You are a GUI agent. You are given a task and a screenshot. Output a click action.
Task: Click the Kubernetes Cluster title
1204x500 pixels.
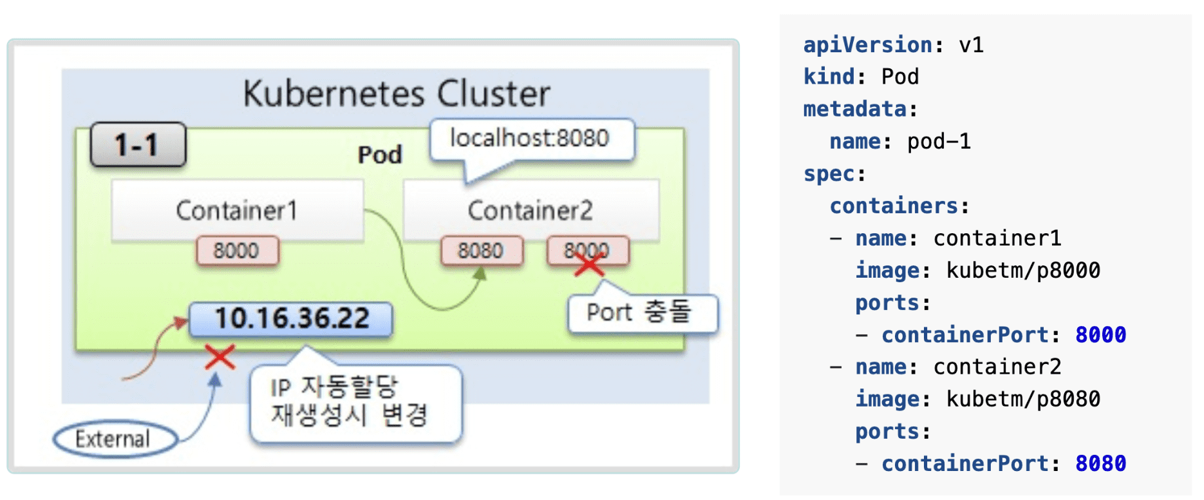click(397, 93)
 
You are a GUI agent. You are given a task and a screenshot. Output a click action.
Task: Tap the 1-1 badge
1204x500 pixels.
click(137, 144)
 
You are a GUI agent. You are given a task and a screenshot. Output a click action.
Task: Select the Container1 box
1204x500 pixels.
click(237, 211)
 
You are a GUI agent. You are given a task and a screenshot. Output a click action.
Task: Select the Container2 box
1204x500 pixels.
click(530, 211)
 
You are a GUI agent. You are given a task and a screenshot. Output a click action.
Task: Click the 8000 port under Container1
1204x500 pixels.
click(237, 251)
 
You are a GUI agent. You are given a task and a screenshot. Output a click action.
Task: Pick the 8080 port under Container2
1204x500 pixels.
click(481, 251)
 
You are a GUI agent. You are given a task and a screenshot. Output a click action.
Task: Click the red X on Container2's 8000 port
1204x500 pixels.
click(588, 263)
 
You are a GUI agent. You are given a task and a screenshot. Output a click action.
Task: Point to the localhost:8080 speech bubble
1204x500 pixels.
click(530, 139)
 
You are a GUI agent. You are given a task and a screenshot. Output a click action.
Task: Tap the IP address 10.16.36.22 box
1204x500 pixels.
click(291, 319)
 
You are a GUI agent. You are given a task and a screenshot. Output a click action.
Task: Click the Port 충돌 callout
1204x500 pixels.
click(640, 313)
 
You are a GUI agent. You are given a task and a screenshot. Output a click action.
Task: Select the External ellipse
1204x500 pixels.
click(114, 439)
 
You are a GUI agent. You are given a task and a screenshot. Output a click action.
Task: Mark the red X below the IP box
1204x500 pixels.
click(220, 357)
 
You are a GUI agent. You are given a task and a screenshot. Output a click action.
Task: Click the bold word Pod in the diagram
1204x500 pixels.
click(380, 155)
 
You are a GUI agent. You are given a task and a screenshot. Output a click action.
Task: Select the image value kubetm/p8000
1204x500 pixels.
click(1023, 271)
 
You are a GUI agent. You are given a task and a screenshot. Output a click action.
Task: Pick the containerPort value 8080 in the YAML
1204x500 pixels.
click(1100, 464)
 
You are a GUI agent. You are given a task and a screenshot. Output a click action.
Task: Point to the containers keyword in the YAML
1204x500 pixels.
click(894, 206)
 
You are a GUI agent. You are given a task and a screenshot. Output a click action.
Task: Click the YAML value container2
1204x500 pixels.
click(997, 367)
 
